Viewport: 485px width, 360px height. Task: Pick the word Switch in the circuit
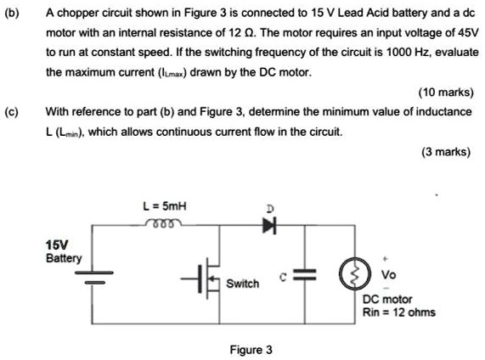(243, 283)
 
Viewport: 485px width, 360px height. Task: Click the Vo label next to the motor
(389, 274)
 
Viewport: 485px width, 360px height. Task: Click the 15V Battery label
(64, 250)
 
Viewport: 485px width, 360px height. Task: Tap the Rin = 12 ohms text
(398, 312)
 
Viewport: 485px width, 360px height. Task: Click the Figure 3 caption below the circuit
(251, 349)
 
